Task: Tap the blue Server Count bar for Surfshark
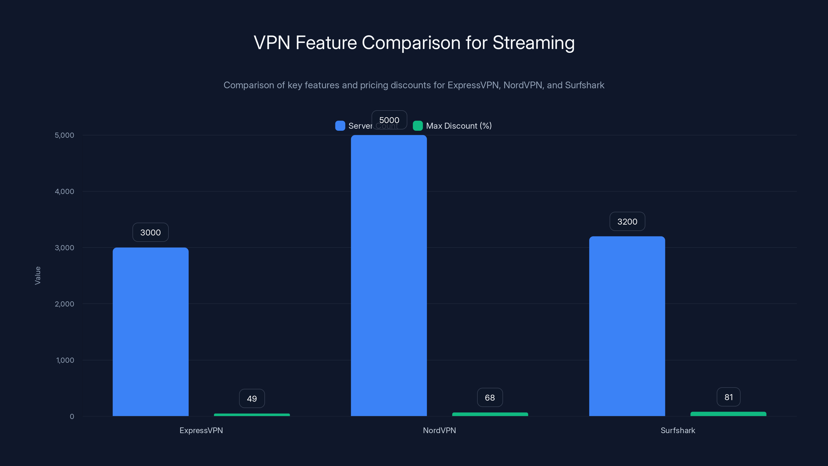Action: click(x=627, y=326)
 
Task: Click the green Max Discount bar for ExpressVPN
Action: click(x=252, y=415)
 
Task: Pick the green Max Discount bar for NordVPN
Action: click(x=490, y=414)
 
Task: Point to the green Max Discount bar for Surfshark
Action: click(x=728, y=414)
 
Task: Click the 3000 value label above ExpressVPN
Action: click(x=150, y=232)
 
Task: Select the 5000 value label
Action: click(x=389, y=120)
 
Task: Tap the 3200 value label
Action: click(x=627, y=221)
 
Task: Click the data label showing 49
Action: click(x=252, y=398)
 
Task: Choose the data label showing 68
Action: click(x=490, y=397)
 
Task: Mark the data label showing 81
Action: click(x=728, y=397)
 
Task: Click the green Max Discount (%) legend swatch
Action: click(x=418, y=126)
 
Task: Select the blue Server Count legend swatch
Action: click(x=340, y=126)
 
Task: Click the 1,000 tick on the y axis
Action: click(x=65, y=360)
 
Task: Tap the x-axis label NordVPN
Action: click(x=439, y=430)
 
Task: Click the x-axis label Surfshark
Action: click(x=678, y=430)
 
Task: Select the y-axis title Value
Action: click(x=38, y=275)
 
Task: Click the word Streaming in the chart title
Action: click(x=533, y=43)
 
